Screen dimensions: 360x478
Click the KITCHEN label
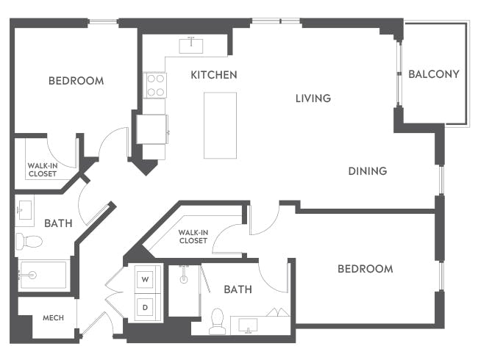coord(213,75)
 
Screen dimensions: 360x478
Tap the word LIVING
coord(313,98)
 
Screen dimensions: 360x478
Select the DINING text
coord(367,171)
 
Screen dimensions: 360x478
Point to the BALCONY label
coord(433,74)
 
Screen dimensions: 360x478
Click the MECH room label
coord(53,318)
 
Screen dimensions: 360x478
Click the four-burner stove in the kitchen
coord(155,85)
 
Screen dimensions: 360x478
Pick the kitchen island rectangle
coord(220,125)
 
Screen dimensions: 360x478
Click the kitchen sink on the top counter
coord(191,45)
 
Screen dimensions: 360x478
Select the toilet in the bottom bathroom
coord(217,321)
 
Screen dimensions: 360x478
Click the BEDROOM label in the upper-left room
coord(76,81)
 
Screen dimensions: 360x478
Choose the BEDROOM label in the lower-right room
coord(365,269)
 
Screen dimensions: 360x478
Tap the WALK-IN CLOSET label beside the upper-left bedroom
coord(42,170)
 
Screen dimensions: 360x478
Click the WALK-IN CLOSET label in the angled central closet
coord(193,236)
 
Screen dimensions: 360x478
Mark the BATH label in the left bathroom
coord(57,223)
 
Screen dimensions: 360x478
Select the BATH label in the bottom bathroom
coord(238,289)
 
